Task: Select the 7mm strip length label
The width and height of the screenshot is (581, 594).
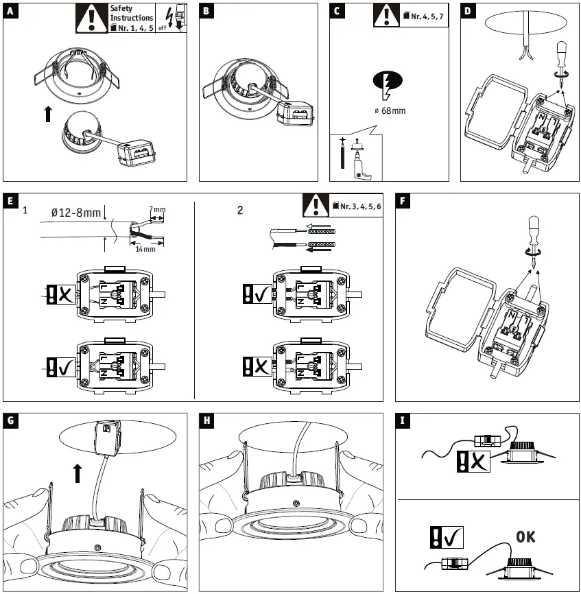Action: pyautogui.click(x=157, y=209)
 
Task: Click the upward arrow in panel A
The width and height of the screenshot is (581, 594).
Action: pyautogui.click(x=47, y=112)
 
